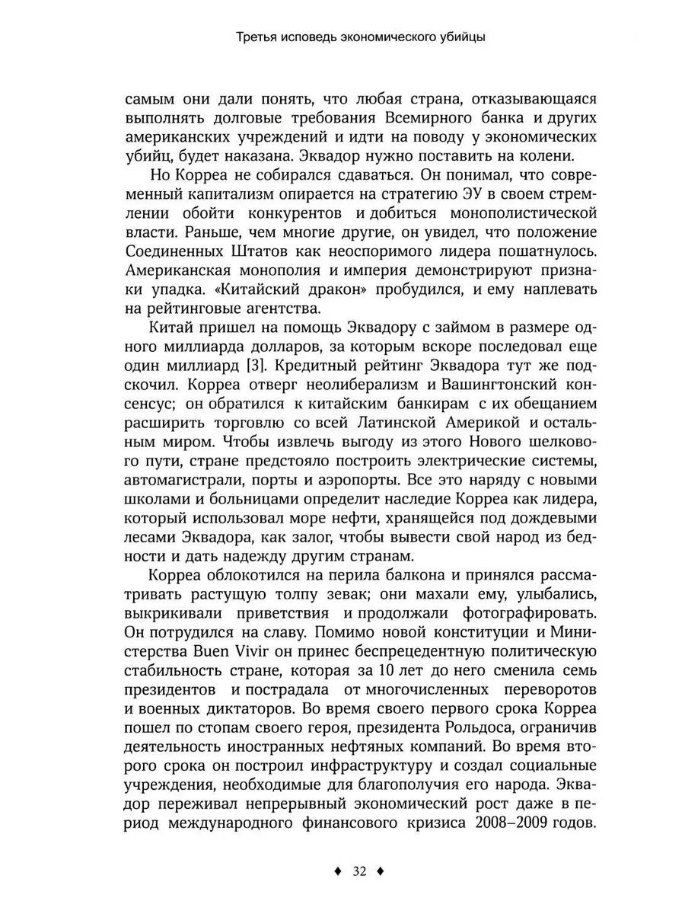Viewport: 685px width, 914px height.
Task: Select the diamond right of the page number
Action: (x=385, y=871)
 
